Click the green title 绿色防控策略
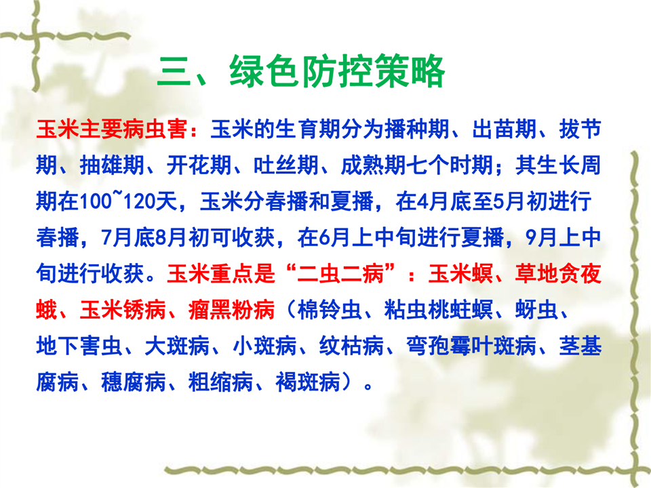337,71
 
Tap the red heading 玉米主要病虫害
112,129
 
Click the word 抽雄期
112,165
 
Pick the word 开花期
199,165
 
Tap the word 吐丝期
286,165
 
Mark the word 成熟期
373,165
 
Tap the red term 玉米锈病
123,310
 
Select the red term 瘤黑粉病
231,310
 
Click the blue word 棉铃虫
330,310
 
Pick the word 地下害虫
79,346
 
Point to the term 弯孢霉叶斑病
471,346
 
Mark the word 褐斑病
308,382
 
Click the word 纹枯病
351,346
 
